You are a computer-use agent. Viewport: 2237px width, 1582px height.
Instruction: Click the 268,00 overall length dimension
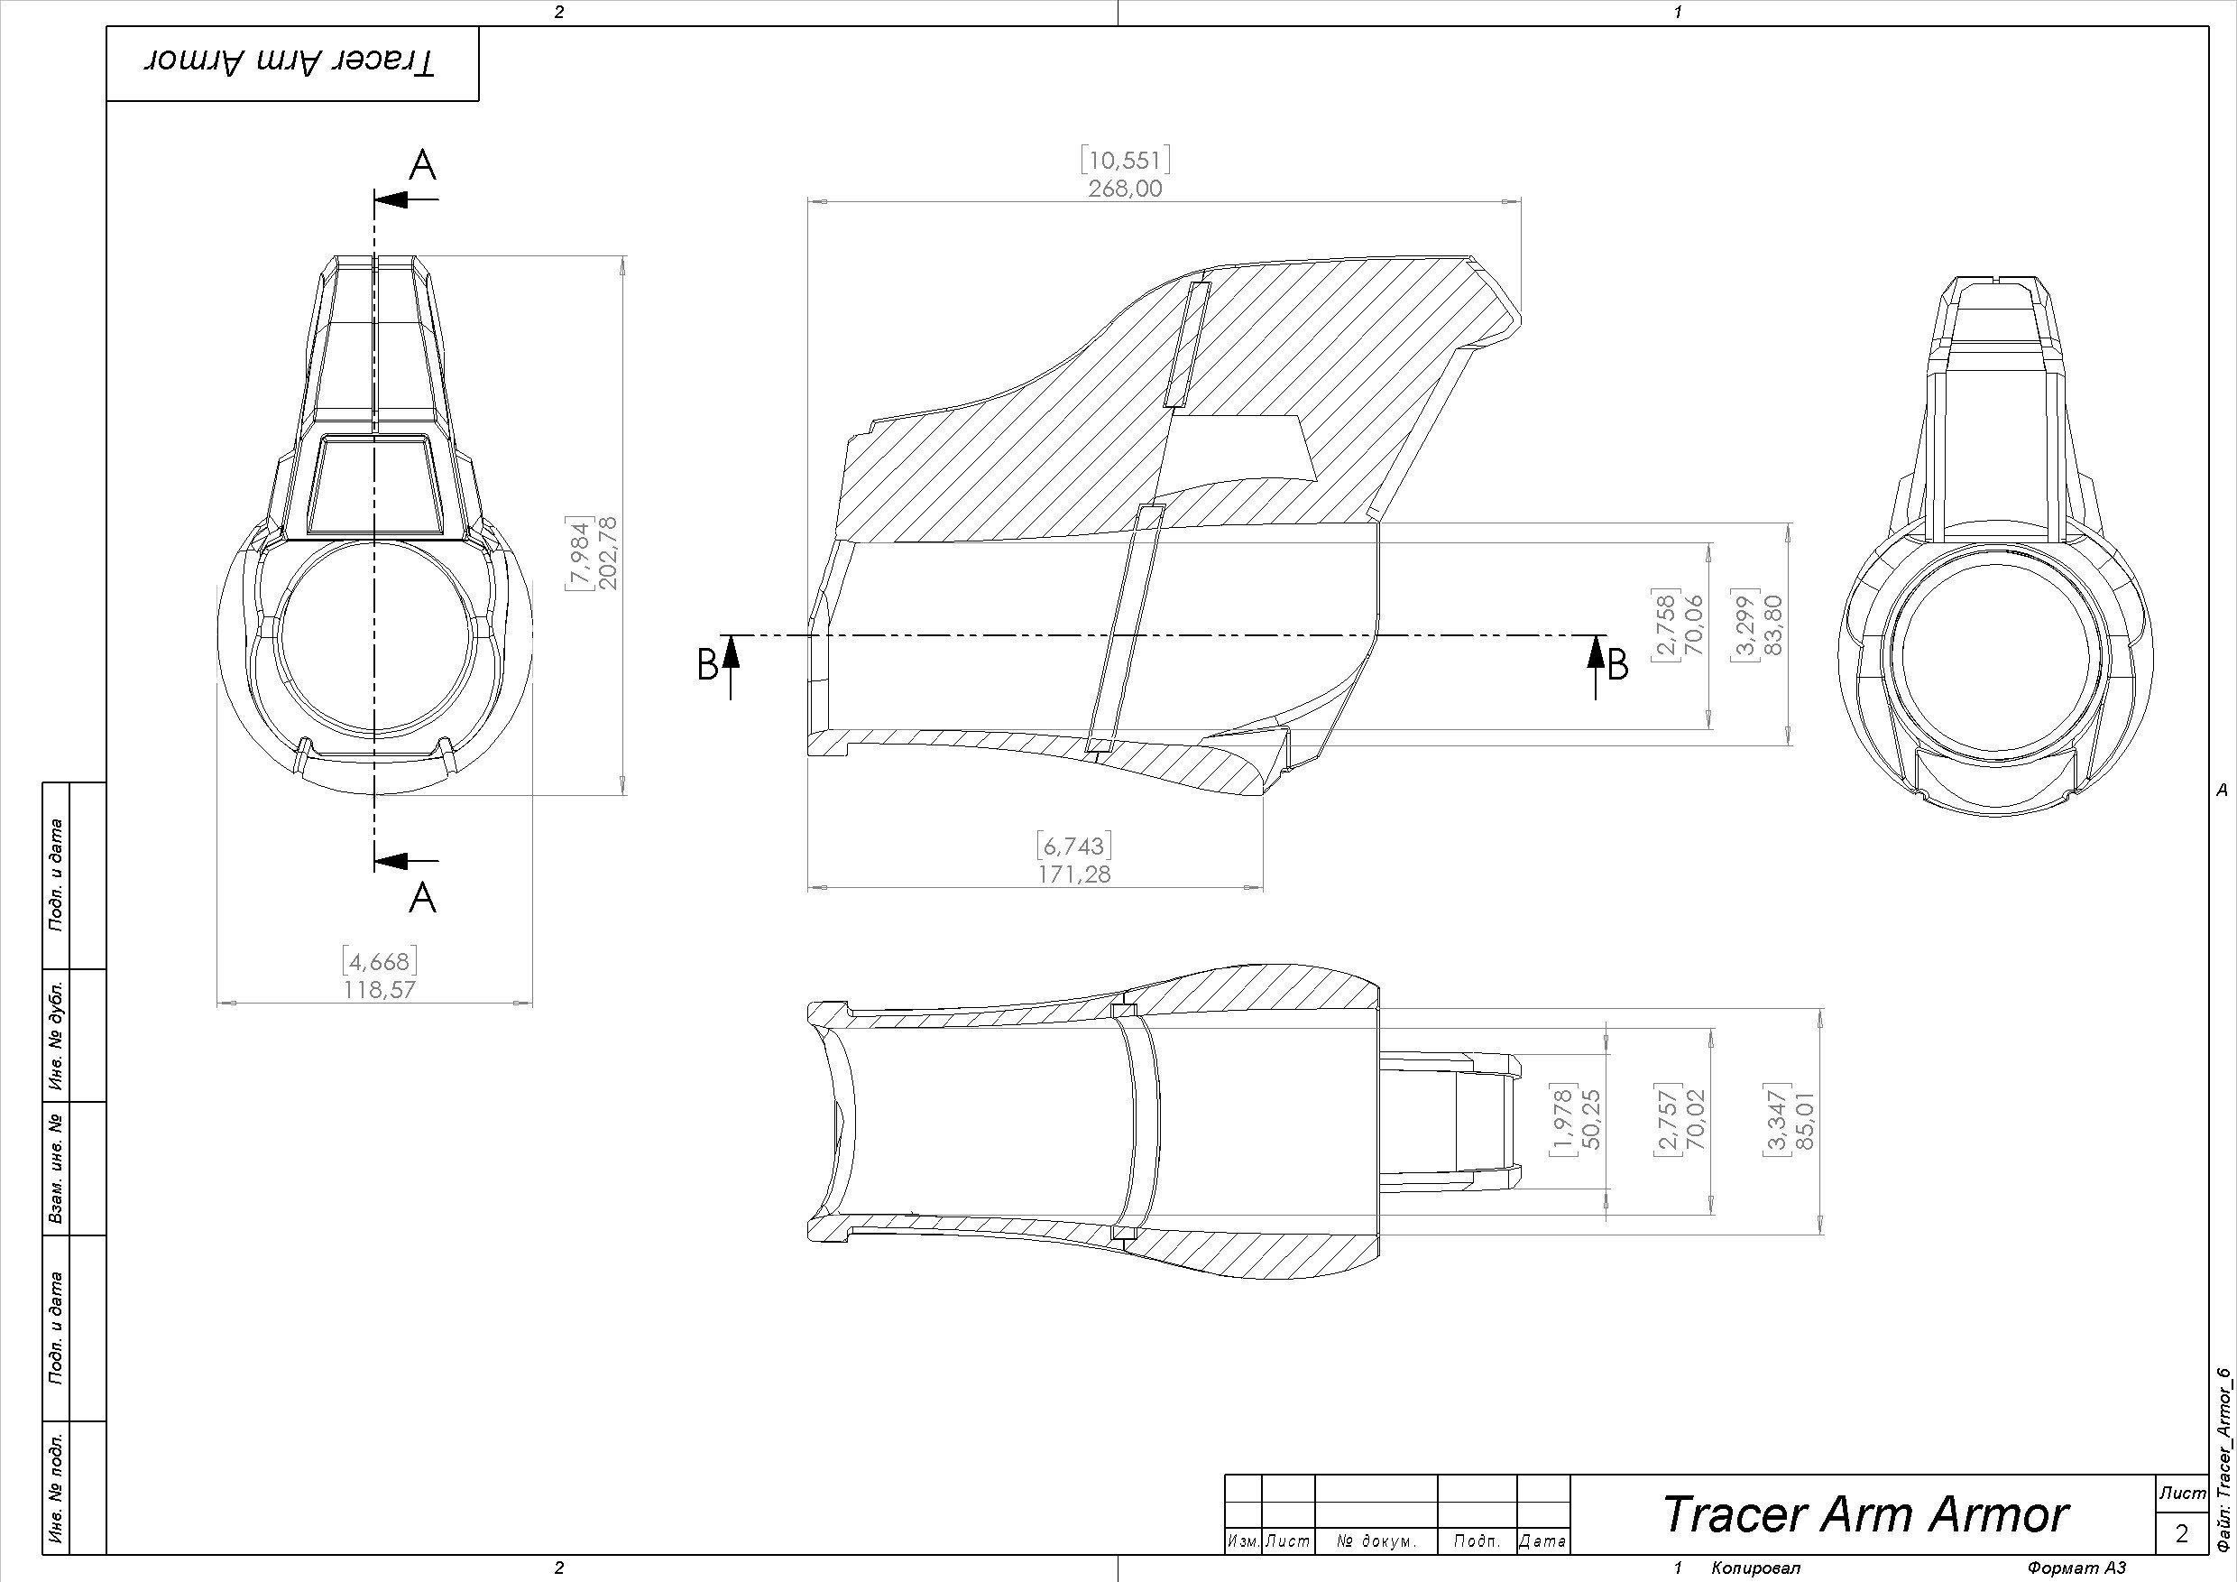click(1126, 188)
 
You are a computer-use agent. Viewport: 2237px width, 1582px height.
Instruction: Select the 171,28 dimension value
click(1073, 874)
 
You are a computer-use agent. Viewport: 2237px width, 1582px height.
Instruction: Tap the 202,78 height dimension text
click(610, 551)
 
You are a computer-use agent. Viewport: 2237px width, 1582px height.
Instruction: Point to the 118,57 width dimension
click(379, 989)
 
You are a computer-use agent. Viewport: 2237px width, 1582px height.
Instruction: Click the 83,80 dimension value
click(1773, 624)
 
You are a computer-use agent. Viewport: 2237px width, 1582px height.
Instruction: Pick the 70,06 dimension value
click(1694, 624)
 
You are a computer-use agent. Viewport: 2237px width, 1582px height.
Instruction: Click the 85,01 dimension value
click(1805, 1120)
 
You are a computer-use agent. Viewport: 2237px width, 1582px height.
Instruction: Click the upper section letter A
click(422, 167)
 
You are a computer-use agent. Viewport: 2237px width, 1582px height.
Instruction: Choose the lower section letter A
click(422, 897)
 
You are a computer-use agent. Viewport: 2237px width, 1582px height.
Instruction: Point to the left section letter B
click(708, 666)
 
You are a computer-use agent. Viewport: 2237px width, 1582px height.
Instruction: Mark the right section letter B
click(1618, 666)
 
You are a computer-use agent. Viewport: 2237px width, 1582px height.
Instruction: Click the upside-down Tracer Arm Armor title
click(291, 63)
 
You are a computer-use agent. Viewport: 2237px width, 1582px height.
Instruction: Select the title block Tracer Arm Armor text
click(1864, 1513)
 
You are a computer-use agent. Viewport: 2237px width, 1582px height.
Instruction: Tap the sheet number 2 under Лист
click(2181, 1533)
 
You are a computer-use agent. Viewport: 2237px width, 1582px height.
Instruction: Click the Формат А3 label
click(2076, 1568)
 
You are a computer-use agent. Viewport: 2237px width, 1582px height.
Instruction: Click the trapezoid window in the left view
click(374, 484)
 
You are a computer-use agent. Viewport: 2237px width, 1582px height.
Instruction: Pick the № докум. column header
click(1376, 1542)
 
